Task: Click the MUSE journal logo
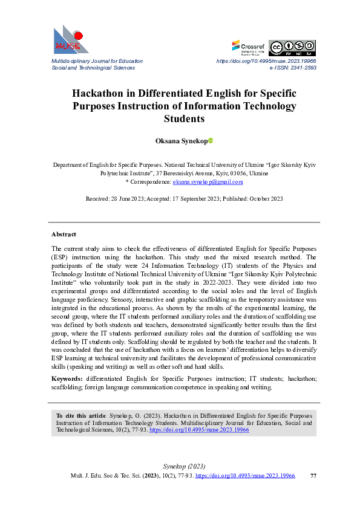(70, 39)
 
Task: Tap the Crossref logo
(248, 47)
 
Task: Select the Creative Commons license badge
(292, 48)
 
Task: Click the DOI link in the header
(266, 62)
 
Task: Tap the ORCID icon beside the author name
(211, 141)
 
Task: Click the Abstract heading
(64, 233)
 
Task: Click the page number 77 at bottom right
(313, 476)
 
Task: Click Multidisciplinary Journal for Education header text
(97, 62)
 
